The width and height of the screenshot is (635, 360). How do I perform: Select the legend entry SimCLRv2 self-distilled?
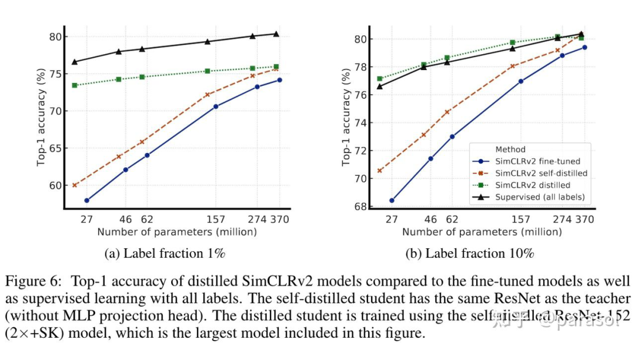pyautogui.click(x=542, y=174)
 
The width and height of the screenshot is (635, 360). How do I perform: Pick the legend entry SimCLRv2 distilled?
pyautogui.click(x=532, y=185)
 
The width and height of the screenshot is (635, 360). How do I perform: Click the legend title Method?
pyautogui.click(x=510, y=149)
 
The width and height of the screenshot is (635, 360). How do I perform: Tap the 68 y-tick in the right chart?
pyautogui.click(x=359, y=206)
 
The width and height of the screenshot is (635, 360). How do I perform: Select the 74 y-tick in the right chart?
pyautogui.click(x=359, y=123)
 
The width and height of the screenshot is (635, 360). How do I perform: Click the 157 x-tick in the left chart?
pyautogui.click(x=216, y=219)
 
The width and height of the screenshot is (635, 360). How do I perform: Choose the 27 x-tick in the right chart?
pyautogui.click(x=392, y=219)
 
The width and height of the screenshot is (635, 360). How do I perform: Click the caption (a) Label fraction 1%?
pyautogui.click(x=165, y=254)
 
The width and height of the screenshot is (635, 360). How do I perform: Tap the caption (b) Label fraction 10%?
pyautogui.click(x=470, y=254)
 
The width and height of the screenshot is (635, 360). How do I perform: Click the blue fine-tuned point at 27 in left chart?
pyautogui.click(x=87, y=201)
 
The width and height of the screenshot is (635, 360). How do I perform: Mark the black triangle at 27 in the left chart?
pyautogui.click(x=75, y=61)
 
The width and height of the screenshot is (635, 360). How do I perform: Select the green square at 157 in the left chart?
pyautogui.click(x=208, y=71)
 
